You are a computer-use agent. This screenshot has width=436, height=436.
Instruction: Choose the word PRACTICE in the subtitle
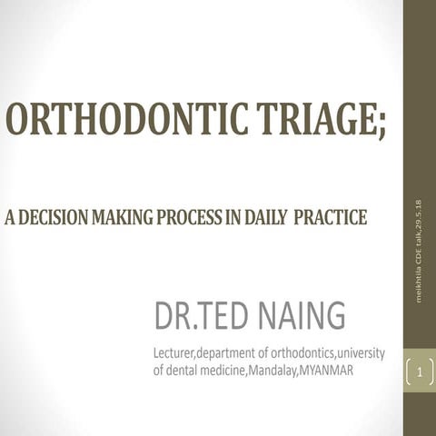tap(331, 218)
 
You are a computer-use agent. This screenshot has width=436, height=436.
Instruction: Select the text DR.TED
tap(193, 316)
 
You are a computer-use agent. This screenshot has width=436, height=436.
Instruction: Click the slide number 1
tap(421, 372)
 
